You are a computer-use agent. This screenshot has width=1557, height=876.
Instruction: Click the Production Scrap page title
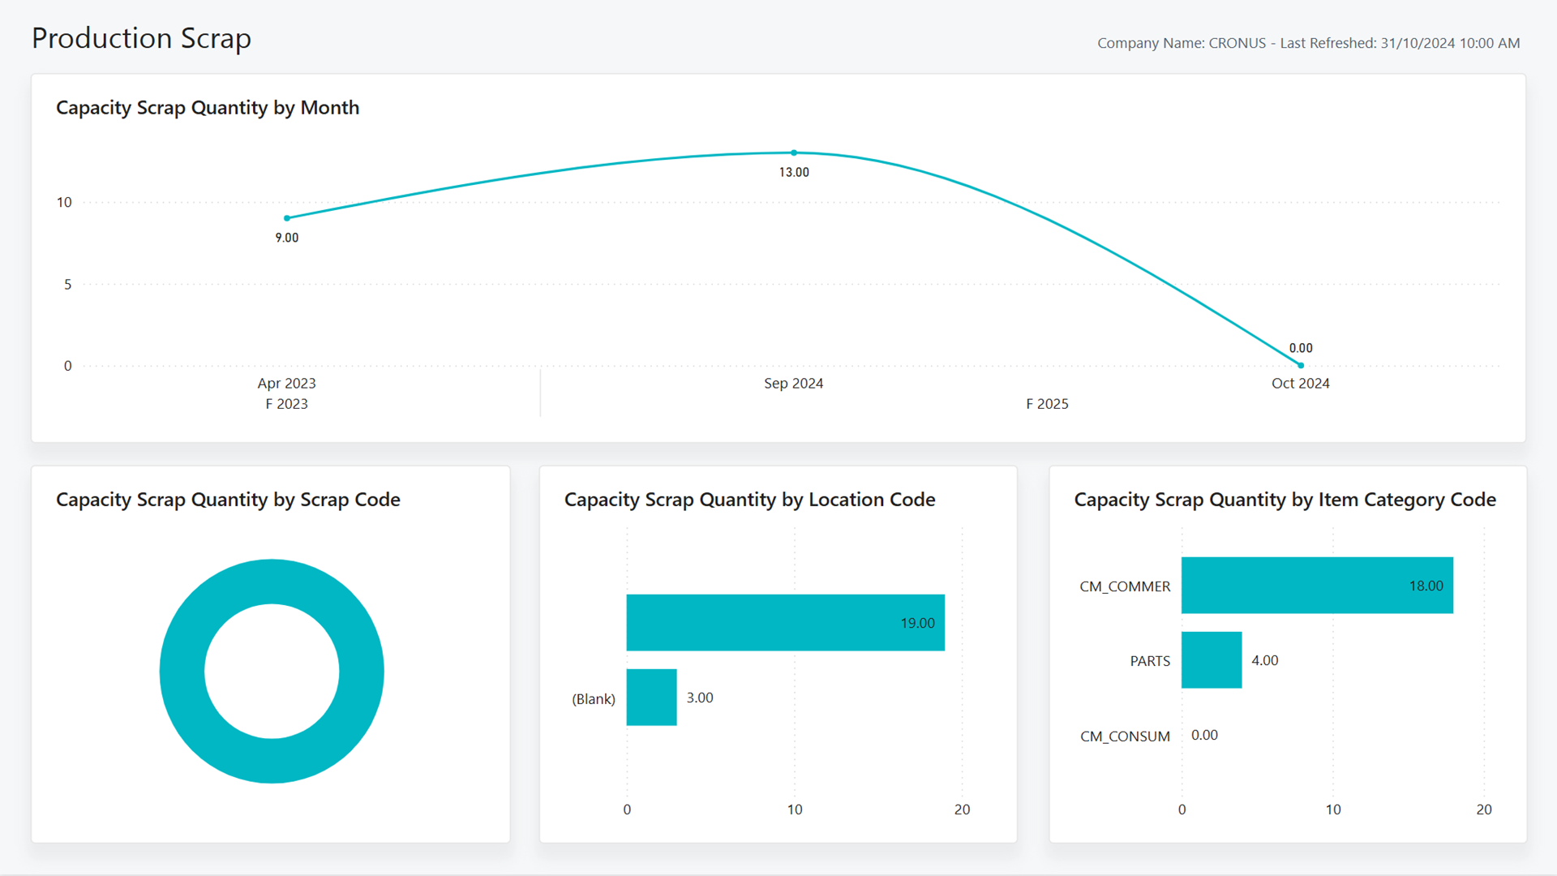tap(141, 38)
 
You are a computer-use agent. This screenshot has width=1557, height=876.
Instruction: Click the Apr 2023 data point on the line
tap(287, 218)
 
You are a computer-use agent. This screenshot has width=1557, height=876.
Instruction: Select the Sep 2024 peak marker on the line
tap(794, 152)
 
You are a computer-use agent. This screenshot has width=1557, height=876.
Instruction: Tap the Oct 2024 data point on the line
tap(1301, 365)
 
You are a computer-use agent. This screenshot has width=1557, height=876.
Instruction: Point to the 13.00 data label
tap(794, 172)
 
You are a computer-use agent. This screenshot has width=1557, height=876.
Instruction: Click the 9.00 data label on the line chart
tap(287, 238)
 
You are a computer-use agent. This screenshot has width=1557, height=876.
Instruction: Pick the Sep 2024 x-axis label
tap(794, 383)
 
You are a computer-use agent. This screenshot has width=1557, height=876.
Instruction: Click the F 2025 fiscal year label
tap(1047, 404)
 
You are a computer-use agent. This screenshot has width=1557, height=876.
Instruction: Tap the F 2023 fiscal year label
tap(287, 404)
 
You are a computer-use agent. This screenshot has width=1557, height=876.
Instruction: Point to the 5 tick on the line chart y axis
tap(68, 284)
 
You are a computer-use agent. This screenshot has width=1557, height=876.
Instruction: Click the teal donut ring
tap(182, 672)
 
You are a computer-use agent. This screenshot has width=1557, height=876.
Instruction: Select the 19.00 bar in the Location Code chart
tap(786, 623)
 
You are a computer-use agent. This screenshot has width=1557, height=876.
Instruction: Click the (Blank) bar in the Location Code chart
tap(652, 698)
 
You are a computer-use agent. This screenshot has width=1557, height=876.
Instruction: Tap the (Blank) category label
tap(594, 699)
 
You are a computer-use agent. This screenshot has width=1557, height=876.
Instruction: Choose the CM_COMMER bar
tap(1317, 586)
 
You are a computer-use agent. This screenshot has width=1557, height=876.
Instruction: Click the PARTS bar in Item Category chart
tap(1212, 660)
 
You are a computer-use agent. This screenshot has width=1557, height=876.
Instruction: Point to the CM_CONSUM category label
tap(1125, 736)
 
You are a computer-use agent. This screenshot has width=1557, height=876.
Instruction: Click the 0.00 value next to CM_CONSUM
tap(1204, 735)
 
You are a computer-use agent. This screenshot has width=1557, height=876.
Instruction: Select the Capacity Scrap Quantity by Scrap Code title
tap(228, 500)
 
